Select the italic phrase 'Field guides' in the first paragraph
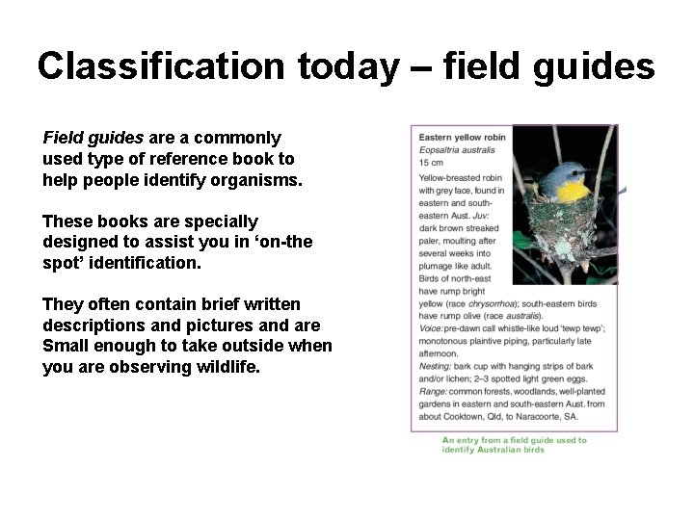coord(93,138)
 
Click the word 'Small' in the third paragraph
coord(68,346)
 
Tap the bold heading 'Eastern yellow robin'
coord(462,138)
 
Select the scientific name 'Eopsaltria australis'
coord(457,150)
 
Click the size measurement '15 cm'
coord(431,163)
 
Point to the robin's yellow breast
coord(574,192)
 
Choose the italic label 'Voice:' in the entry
coord(432,328)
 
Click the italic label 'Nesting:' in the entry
coord(437,366)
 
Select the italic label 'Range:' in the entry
coord(434,392)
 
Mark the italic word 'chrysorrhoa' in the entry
coord(491,303)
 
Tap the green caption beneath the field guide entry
coord(514,445)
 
